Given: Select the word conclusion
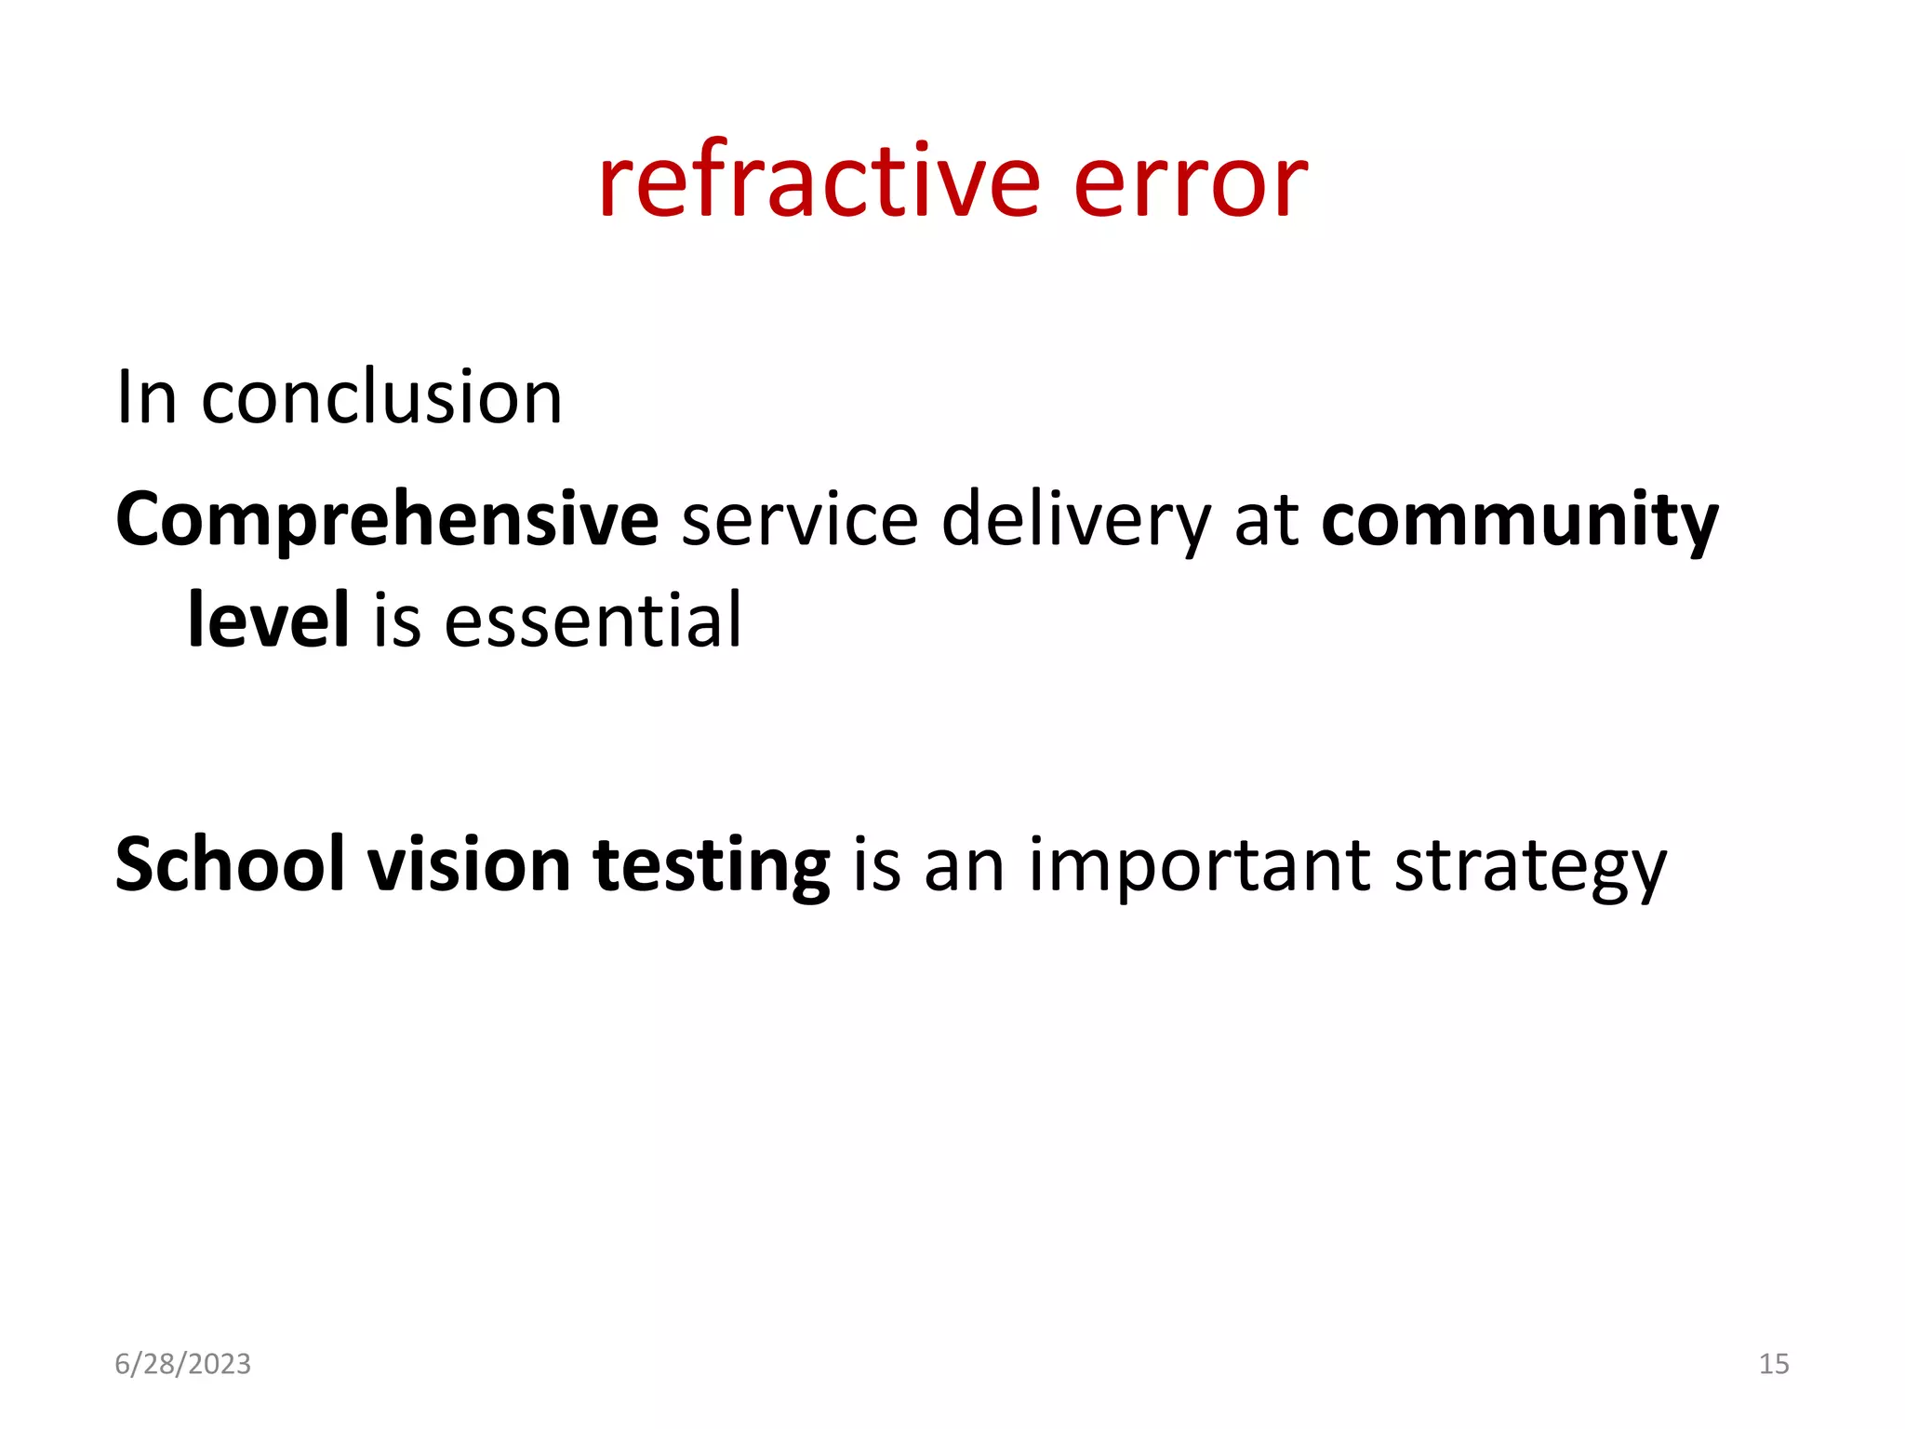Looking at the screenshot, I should click(381, 398).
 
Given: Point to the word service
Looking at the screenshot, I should click(800, 519).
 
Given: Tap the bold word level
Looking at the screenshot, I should click(269, 620).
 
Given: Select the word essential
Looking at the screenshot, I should click(593, 621).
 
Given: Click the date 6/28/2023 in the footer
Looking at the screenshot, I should click(182, 1364).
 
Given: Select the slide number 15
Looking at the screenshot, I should click(1774, 1364).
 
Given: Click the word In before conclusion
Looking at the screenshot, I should click(146, 398).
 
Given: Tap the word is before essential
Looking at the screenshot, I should click(397, 621).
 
